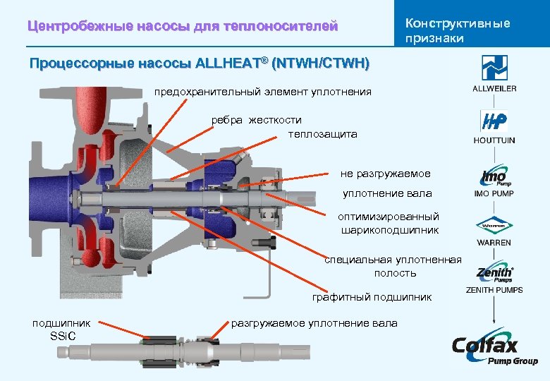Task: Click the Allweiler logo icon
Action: pos(494,68)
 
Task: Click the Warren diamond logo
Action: pos(494,226)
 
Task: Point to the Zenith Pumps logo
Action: pos(494,274)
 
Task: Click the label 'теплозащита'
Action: pos(322,134)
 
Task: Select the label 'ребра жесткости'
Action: pos(257,120)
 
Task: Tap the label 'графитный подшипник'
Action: pos(372,297)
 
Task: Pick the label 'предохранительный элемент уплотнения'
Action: pos(263,92)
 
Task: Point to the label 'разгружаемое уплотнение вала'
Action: pos(314,323)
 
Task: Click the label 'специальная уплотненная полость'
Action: pos(393,266)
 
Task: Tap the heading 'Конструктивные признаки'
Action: pos(457,30)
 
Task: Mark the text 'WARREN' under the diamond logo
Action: pos(494,243)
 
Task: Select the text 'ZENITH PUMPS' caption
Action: pos(494,290)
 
